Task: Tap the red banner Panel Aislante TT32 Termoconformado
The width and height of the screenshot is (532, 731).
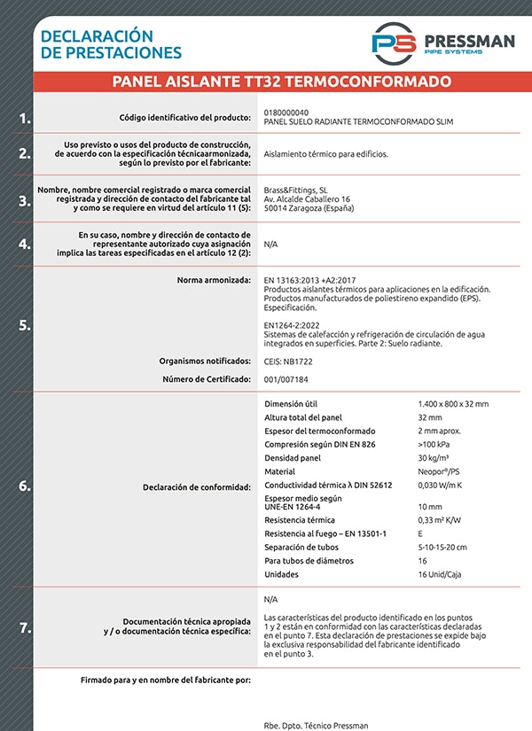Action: pyautogui.click(x=282, y=82)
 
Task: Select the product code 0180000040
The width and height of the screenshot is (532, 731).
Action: pyautogui.click(x=286, y=113)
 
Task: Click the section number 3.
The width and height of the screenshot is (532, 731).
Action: pyautogui.click(x=25, y=201)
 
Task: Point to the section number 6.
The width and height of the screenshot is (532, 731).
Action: pyautogui.click(x=25, y=486)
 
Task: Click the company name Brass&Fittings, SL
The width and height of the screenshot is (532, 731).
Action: pyautogui.click(x=296, y=191)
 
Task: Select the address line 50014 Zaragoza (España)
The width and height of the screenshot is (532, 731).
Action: pyautogui.click(x=309, y=209)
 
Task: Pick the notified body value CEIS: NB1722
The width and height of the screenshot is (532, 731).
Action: pyautogui.click(x=288, y=362)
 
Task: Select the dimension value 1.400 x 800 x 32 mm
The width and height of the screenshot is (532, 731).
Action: pyautogui.click(x=453, y=404)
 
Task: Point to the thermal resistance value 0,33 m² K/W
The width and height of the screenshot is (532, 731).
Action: pyautogui.click(x=440, y=519)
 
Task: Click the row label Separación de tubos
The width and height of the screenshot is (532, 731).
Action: pyautogui.click(x=302, y=547)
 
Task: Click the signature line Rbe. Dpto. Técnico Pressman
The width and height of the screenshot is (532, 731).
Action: pyautogui.click(x=316, y=725)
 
